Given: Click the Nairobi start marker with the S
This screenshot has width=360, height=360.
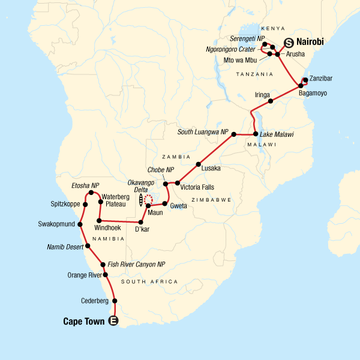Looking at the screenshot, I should (289, 43).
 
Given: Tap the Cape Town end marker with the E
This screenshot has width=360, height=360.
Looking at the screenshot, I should (114, 322).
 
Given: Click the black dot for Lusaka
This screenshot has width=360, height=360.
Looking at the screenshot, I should (198, 164).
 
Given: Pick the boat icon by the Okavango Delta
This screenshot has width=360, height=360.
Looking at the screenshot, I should (141, 200).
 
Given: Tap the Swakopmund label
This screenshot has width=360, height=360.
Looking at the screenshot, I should (56, 226).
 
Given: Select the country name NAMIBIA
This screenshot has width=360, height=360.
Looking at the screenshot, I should (110, 239).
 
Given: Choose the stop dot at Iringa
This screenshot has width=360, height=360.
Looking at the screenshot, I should (271, 101).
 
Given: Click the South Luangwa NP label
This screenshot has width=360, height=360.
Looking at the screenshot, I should (203, 133).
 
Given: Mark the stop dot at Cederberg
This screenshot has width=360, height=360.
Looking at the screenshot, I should (115, 301).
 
